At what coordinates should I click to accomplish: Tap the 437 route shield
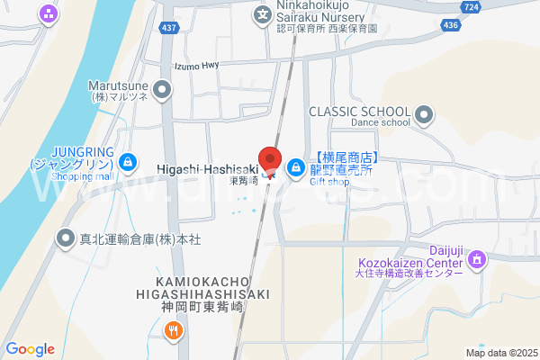tap(168, 29)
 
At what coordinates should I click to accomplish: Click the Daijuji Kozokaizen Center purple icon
tap(476, 261)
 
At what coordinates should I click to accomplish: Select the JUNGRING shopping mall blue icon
tap(129, 162)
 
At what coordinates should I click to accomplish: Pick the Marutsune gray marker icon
tap(162, 88)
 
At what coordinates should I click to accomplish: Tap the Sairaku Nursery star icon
tap(262, 13)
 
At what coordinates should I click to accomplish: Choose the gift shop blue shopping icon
tap(295, 167)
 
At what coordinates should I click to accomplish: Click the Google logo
tap(30, 349)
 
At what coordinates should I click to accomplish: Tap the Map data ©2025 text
tap(500, 353)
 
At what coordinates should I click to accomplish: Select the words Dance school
tap(355, 123)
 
